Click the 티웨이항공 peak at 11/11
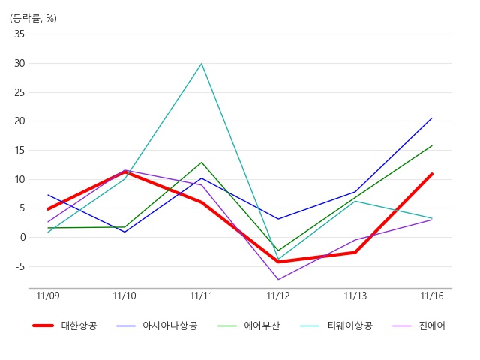[x=202, y=63]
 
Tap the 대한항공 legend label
[x=79, y=325]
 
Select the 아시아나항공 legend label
[x=170, y=325]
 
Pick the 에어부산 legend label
[x=262, y=325]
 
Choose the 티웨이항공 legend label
[x=350, y=325]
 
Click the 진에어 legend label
[x=432, y=325]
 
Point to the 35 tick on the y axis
[x=19, y=34]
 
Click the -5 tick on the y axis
[x=19, y=267]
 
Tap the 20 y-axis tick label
[x=19, y=121]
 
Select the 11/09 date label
[x=48, y=295]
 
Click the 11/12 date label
[x=278, y=295]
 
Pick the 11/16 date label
[x=432, y=295]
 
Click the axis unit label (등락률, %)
[x=33, y=18]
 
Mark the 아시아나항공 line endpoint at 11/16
[x=432, y=118]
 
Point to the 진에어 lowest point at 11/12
[x=278, y=279]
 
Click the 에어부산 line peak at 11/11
[x=202, y=163]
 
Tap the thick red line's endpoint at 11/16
[x=432, y=174]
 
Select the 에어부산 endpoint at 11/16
[x=432, y=145]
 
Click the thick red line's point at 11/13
[x=355, y=253]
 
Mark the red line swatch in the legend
[x=43, y=325]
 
